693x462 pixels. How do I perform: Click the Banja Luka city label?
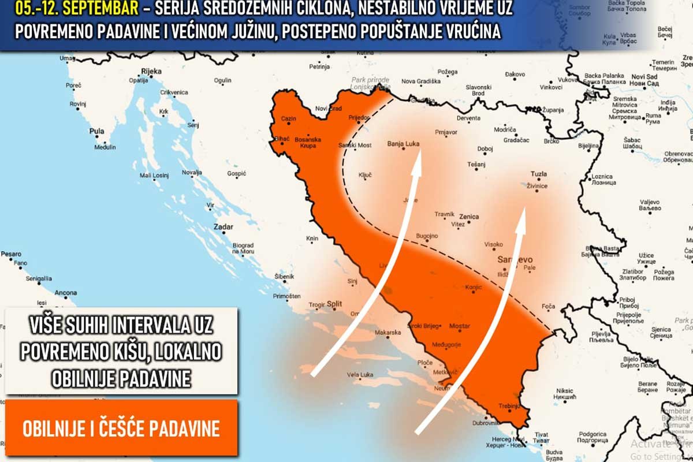point(403,144)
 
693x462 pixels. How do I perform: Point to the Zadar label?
point(223,227)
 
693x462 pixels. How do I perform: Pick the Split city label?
point(334,303)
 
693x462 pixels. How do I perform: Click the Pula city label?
point(96,132)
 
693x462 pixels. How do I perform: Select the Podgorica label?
point(592,434)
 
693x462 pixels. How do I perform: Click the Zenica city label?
point(469,217)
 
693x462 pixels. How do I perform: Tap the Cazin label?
point(288,118)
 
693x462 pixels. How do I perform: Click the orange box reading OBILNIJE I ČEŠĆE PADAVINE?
point(121,428)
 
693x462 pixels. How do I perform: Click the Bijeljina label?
point(589,146)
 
